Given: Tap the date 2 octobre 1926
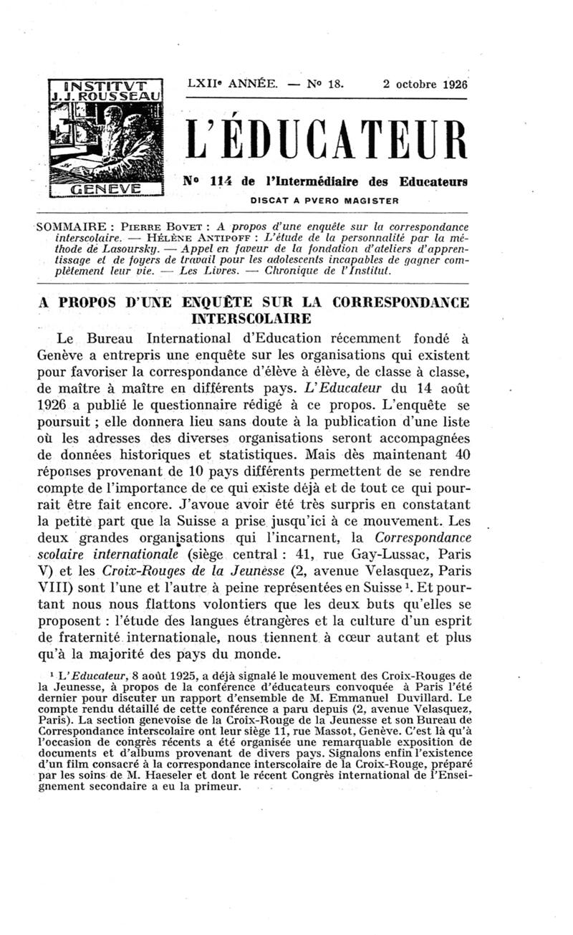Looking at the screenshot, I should click(425, 83).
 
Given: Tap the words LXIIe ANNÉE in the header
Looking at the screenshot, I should click(231, 83).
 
